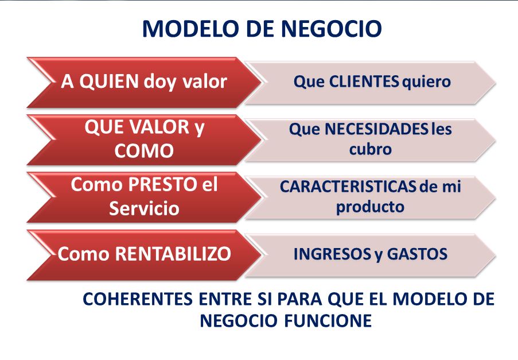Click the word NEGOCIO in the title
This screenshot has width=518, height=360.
[332, 29]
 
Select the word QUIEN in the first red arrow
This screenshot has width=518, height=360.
[109, 82]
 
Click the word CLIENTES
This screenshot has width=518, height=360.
[364, 82]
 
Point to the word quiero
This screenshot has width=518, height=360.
[426, 82]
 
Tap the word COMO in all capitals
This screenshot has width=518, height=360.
[144, 151]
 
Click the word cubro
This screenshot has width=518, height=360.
[371, 149]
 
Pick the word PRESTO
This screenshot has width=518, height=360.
[162, 184]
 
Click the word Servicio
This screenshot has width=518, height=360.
[144, 208]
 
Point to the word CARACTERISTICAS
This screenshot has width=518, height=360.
[348, 187]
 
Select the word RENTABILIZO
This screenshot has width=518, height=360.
[173, 254]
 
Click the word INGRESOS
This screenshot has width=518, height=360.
[332, 254]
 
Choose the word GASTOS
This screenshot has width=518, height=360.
[417, 254]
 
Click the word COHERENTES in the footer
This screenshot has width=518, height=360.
[138, 299]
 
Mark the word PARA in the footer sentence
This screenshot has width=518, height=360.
[299, 299]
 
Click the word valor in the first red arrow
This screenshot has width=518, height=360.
[205, 82]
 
